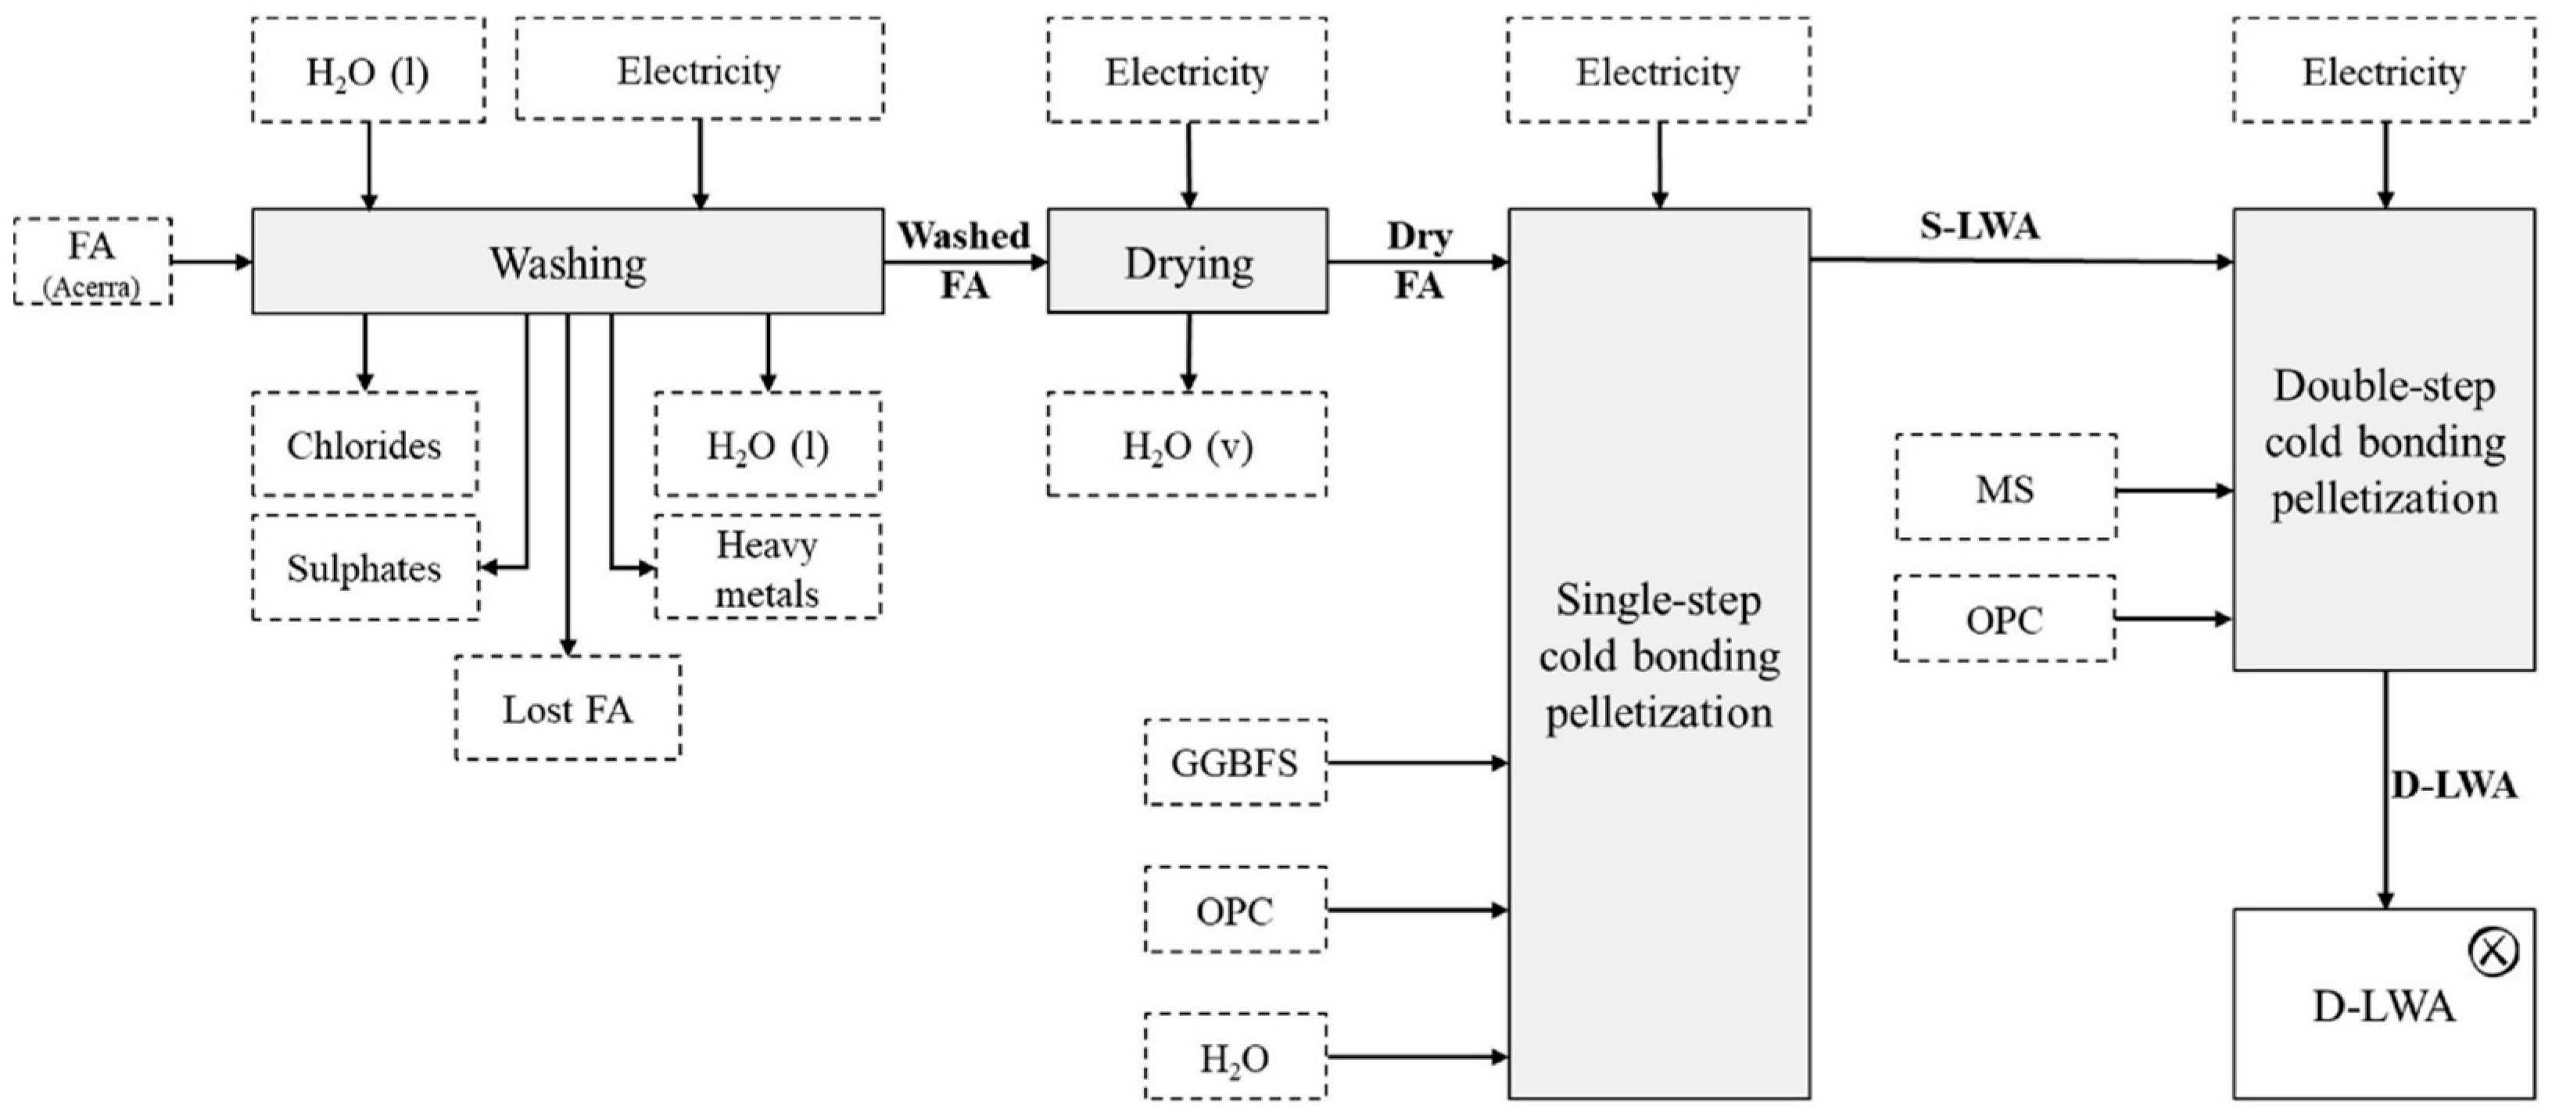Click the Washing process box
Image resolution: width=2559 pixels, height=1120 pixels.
tap(567, 262)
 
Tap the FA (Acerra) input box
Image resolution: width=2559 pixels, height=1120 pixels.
tap(92, 261)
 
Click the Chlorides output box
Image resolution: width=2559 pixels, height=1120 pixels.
tap(364, 445)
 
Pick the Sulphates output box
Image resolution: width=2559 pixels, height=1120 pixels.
tap(364, 568)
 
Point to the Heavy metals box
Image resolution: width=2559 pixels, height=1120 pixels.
tap(767, 568)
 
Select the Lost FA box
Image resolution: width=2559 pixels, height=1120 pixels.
tap(567, 708)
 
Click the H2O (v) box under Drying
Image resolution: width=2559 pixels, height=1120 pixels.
tap(1187, 445)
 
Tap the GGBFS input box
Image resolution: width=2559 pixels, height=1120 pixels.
tap(1235, 763)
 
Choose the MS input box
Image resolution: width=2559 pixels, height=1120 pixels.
tap(2005, 488)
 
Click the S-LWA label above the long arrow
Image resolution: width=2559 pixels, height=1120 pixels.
tap(1979, 227)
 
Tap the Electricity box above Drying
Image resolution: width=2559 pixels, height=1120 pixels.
tap(1187, 71)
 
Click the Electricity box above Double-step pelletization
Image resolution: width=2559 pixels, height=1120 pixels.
tap(2384, 71)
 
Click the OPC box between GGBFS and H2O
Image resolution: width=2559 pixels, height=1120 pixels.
tap(1235, 910)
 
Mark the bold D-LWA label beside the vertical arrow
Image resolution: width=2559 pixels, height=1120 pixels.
tap(2453, 785)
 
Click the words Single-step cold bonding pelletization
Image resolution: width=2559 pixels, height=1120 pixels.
tap(1659, 655)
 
